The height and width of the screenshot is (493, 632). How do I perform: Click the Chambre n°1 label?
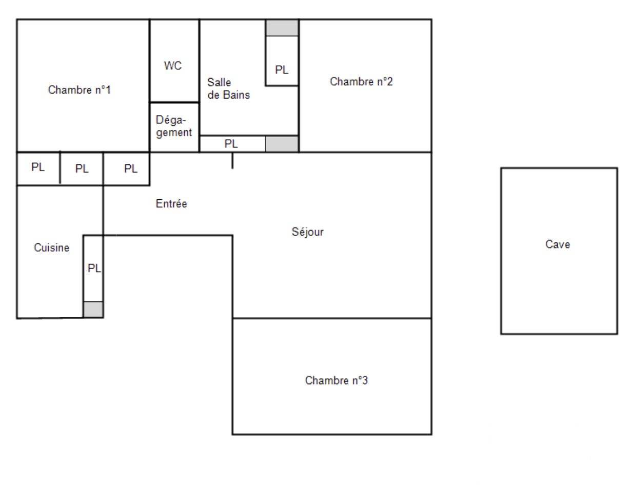pos(80,90)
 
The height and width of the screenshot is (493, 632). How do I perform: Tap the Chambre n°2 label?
pos(361,82)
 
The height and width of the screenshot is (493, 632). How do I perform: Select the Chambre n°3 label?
pos(337,381)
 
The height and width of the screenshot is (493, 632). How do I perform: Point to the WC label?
pos(173,66)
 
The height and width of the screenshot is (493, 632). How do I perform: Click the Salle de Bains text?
pos(228,89)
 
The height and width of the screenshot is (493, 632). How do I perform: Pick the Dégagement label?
pos(174,126)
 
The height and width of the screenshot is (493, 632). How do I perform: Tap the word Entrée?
pos(171,203)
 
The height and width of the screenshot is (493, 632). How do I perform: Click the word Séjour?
pos(308,232)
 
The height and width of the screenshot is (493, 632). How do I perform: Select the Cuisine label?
pos(52,248)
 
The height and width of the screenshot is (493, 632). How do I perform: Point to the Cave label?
pos(558,244)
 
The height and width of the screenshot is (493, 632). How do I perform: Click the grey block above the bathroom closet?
pos(282,28)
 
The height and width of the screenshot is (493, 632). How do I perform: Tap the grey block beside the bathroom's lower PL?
pos(282,144)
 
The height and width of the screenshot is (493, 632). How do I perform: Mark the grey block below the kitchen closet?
pos(93,309)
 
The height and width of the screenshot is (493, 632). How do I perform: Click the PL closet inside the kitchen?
pos(93,269)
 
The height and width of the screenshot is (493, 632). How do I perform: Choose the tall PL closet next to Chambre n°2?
pos(282,61)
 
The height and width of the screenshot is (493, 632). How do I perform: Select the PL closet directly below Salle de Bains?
pos(233,144)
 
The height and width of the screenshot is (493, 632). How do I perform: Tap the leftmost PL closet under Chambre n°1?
pos(38,168)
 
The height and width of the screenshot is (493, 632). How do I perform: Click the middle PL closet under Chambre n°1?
pos(82,168)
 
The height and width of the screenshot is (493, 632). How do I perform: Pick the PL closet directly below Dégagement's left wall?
pos(127,168)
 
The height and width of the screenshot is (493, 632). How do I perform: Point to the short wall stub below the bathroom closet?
pos(232,160)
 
